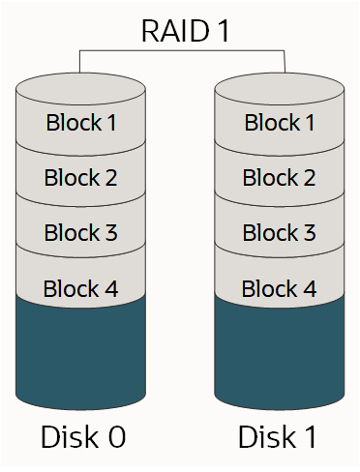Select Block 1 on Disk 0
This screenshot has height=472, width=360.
click(81, 123)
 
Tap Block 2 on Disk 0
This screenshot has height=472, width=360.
click(81, 178)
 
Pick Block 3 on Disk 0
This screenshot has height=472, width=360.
click(81, 233)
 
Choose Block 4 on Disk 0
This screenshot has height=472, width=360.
click(81, 288)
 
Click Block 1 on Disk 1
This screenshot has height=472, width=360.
click(279, 123)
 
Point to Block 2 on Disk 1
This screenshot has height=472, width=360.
click(279, 178)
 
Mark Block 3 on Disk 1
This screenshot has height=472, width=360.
click(279, 233)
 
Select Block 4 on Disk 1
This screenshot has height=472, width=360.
click(279, 288)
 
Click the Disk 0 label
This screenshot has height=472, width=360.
click(82, 437)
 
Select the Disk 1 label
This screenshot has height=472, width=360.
click(278, 437)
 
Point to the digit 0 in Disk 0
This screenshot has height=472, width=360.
click(115, 437)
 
